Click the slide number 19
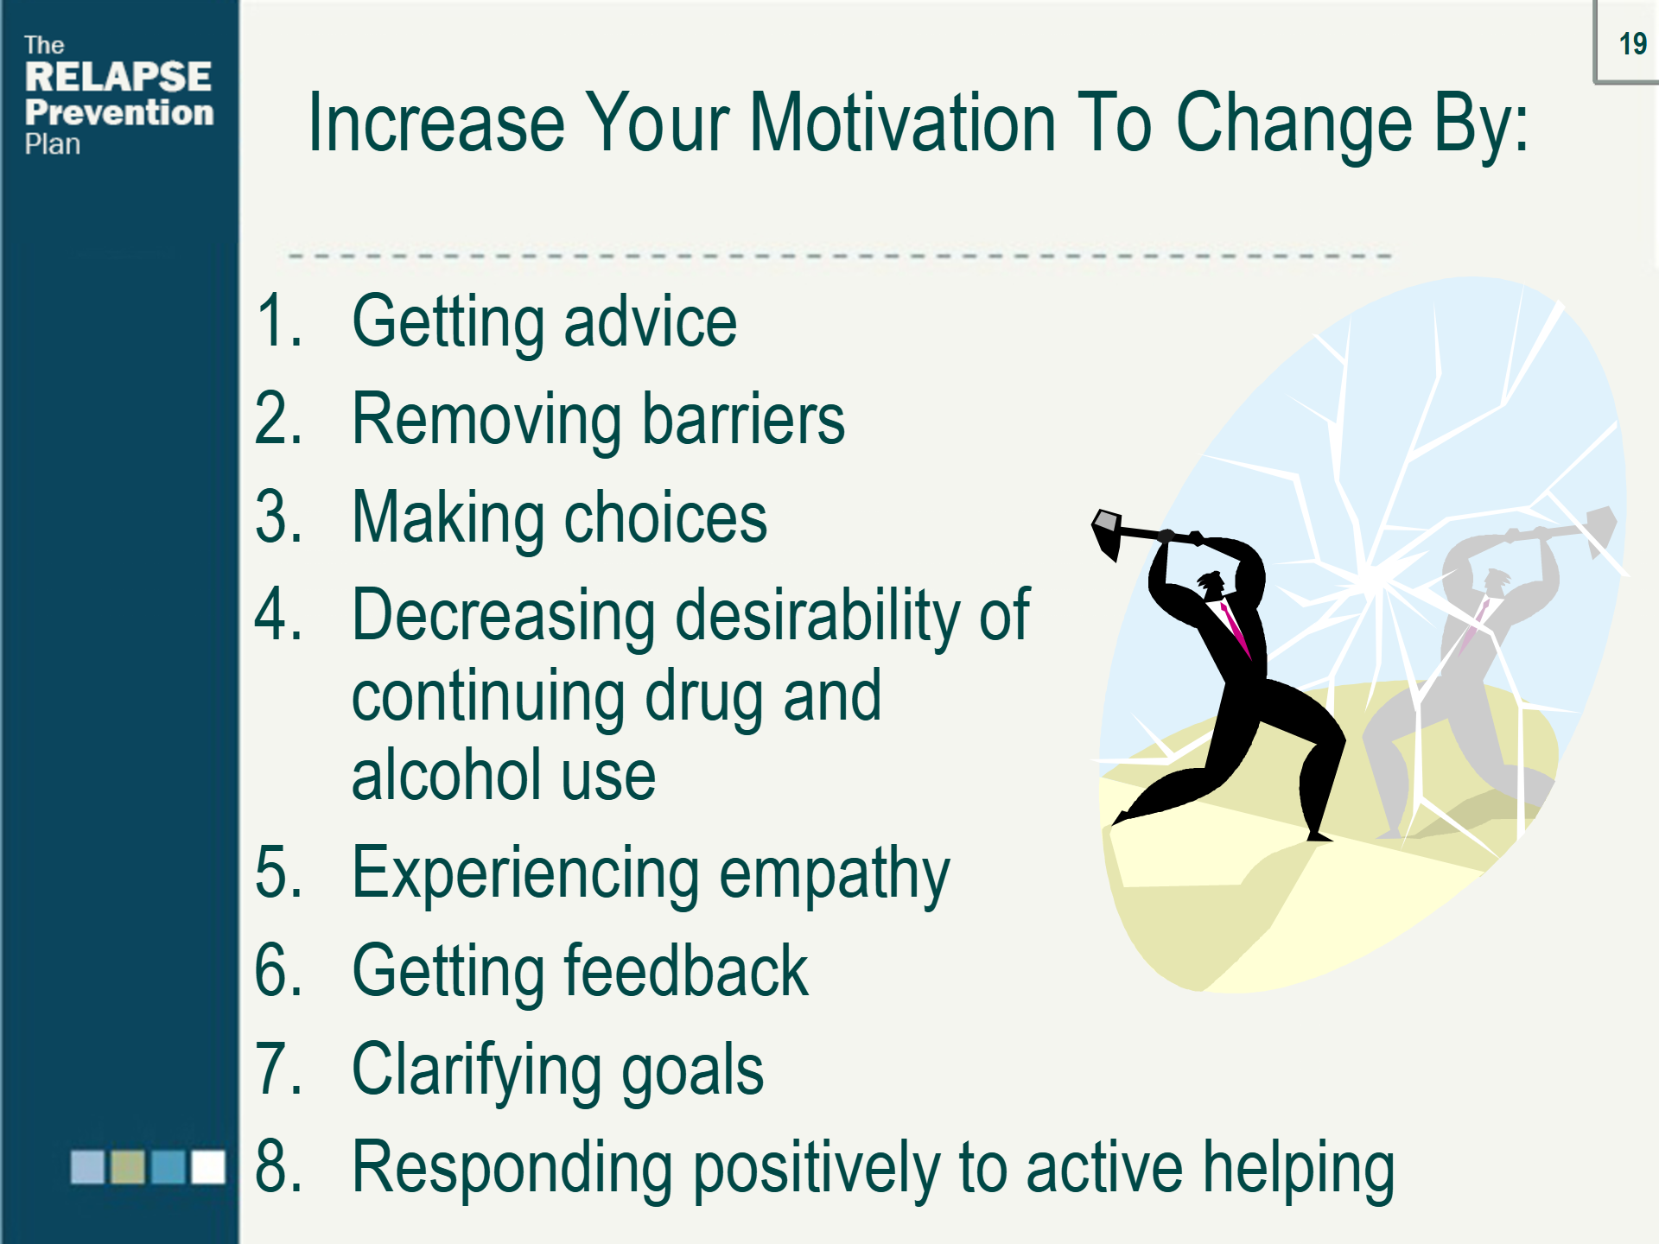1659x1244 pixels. coord(1632,43)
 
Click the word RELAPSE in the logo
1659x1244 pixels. coord(118,77)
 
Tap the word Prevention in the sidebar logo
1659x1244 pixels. coord(119,112)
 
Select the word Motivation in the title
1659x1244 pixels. coord(902,123)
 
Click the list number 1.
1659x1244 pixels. coord(278,321)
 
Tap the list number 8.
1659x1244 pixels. coord(278,1166)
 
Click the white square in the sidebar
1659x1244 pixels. coord(208,1166)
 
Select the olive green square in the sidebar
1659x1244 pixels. coord(128,1166)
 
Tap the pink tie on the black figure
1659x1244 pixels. coord(1236,629)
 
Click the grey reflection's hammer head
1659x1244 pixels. coord(1600,529)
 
